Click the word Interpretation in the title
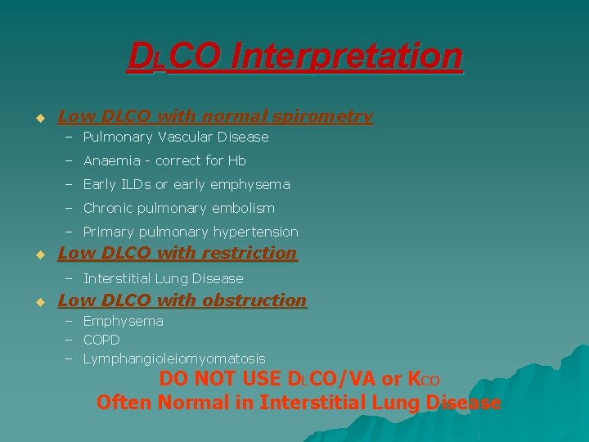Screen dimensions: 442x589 click(347, 57)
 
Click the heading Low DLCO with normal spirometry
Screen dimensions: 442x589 click(215, 117)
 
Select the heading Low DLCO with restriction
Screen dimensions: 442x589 click(178, 254)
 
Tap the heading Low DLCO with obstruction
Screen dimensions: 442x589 click(182, 301)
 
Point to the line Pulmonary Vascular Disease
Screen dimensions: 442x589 click(176, 138)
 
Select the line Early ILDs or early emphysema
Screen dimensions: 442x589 click(187, 185)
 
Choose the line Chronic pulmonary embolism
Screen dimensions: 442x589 click(179, 209)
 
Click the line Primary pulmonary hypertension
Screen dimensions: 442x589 click(191, 232)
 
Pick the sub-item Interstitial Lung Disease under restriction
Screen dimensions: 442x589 click(164, 279)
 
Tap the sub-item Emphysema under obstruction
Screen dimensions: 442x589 click(124, 322)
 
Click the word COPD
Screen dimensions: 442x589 click(101, 340)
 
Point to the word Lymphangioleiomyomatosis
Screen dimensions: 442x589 click(174, 359)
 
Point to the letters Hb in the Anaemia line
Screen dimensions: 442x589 click(237, 161)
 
